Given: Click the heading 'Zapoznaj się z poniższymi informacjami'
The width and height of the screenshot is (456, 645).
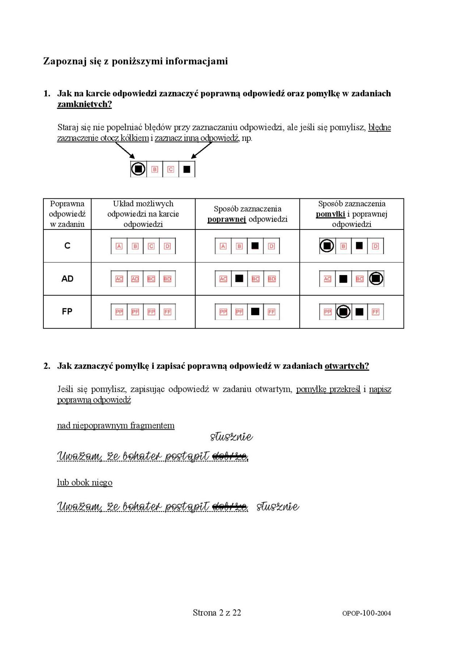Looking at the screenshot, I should point(135,61).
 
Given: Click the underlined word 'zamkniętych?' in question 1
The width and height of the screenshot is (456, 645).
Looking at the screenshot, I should point(84,104).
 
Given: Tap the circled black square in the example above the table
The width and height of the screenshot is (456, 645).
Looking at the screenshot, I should point(138,169).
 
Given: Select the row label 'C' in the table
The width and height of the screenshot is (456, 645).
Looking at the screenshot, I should point(67,246).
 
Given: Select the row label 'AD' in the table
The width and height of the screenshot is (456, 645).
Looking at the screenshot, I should point(67,279).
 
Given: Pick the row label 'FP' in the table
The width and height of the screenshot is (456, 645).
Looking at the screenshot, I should point(67,311).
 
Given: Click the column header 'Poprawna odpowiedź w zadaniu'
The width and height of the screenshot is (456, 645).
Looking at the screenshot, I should point(67,214).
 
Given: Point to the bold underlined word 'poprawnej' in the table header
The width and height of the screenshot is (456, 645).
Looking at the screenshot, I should point(227,219).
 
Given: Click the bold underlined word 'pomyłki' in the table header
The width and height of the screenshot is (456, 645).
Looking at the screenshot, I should point(330,214).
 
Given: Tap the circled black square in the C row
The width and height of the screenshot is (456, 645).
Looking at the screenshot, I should point(327,246).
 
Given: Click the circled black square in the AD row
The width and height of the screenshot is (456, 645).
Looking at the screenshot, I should point(376,279).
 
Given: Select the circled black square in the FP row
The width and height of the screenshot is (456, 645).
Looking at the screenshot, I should point(343,312).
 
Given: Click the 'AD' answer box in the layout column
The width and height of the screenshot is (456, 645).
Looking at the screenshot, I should point(135,279).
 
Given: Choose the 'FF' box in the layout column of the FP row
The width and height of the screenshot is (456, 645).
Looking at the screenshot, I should point(167,312).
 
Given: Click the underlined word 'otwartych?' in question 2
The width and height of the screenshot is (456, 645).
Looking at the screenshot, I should point(347,366).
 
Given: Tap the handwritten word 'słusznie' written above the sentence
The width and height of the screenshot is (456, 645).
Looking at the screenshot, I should point(232,437).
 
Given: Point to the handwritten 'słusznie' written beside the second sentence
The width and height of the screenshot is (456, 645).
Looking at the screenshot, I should point(278,506).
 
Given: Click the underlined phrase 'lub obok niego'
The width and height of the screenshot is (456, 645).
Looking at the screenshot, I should point(85,482).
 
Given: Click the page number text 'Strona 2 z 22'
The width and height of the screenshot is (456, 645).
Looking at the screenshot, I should point(217,612).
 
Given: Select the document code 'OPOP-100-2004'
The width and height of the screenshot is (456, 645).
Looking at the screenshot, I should point(366,613).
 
